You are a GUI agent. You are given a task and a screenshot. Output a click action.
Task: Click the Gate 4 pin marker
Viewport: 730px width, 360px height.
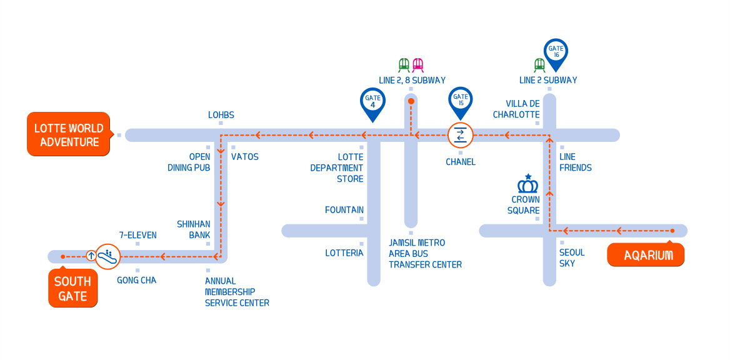(372, 102)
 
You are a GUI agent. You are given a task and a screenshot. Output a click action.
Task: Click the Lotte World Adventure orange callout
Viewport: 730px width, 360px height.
(69, 134)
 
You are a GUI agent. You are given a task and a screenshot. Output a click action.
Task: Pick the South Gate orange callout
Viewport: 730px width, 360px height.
(72, 288)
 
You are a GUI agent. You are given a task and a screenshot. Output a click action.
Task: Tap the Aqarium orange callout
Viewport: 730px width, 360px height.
(646, 255)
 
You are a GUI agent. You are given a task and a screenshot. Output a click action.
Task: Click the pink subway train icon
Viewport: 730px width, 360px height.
(417, 64)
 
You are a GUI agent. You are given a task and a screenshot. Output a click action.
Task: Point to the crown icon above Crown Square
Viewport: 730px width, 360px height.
(528, 184)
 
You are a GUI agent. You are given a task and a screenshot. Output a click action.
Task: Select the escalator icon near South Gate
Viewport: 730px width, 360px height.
(107, 256)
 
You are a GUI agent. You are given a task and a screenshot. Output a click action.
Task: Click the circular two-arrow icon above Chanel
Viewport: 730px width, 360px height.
(461, 134)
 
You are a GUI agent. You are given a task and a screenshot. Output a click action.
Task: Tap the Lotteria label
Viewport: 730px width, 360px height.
(344, 253)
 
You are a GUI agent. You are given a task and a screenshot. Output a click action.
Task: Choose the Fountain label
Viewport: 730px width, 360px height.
(344, 210)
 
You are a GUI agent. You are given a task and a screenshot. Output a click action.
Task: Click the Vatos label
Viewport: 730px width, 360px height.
(244, 157)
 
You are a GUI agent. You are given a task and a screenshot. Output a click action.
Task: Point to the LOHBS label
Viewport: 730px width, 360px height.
(221, 115)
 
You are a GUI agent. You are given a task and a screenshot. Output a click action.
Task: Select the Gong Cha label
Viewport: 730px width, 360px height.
(136, 280)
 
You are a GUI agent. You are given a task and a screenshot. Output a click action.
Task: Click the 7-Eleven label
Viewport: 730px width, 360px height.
(137, 235)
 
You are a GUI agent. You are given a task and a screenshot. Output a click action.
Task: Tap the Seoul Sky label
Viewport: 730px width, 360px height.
(572, 257)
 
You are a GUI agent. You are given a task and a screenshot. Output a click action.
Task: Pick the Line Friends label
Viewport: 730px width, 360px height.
(575, 162)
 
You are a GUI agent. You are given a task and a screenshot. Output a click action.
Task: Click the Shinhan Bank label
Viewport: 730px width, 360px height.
(194, 229)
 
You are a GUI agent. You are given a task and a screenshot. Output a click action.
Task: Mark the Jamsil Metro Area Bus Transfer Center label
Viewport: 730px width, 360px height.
(425, 253)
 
